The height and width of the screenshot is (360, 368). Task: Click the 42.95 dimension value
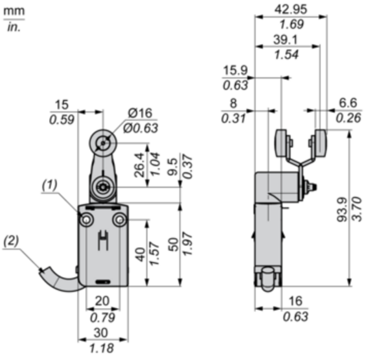coord(291,9)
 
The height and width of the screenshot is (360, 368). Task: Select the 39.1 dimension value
coord(285,40)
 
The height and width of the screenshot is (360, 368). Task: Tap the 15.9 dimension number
coord(236,70)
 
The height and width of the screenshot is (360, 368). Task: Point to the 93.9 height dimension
coord(342,209)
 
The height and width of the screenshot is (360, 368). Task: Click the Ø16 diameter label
coord(140,113)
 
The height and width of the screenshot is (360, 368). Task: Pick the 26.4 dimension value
coord(139,165)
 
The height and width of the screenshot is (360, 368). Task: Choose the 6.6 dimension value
coord(348,103)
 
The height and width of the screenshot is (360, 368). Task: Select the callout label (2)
coord(11,241)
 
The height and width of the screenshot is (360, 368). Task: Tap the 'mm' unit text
coord(14,11)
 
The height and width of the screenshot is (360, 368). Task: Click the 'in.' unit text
coord(14,27)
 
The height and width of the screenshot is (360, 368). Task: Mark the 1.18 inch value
coord(102,348)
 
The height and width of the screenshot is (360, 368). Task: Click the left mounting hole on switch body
coord(86,220)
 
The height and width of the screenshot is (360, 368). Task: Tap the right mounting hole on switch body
coord(120,220)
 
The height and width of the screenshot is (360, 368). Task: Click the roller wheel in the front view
coord(103,143)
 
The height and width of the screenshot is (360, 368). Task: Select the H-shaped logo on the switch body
coord(103,240)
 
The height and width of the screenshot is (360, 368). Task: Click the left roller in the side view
coord(282,143)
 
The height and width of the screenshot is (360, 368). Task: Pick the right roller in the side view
coord(320,143)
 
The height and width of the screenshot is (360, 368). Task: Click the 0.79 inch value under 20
coord(102,317)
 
